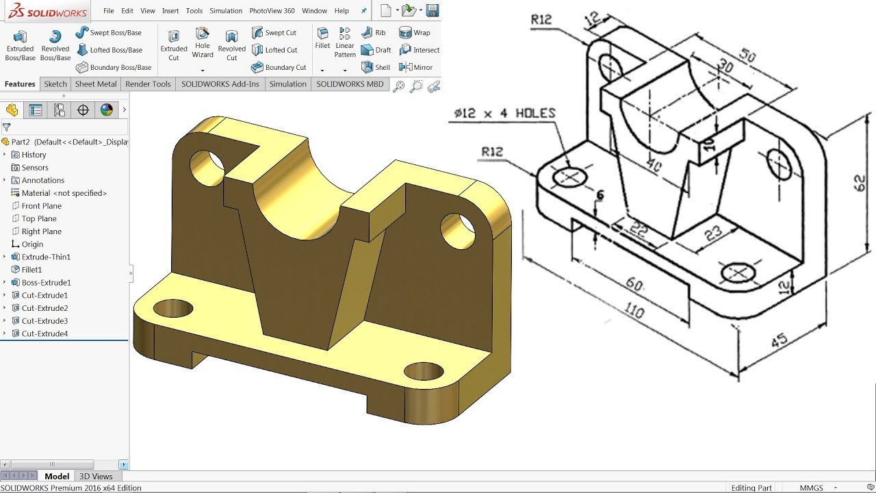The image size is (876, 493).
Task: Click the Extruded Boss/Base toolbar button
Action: pos(20,45)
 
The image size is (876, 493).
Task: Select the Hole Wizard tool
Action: pos(203,42)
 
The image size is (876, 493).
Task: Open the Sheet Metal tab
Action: pos(95,84)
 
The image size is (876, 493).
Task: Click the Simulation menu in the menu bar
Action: pos(226,11)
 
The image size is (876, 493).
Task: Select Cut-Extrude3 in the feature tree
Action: pos(44,321)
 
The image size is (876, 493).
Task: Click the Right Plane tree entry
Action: pos(41,231)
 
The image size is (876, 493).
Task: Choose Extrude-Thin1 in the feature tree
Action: pos(46,257)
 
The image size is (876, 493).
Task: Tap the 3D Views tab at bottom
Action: pos(96,477)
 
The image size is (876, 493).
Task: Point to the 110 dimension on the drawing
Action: pos(634,312)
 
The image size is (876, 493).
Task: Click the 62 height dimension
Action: pos(860,183)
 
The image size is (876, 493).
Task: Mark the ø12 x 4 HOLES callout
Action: pos(504,114)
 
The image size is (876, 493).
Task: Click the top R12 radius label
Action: pos(541,20)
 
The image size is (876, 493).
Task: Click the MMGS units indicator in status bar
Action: pos(812,488)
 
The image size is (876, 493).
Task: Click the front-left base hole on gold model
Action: pos(172,309)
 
